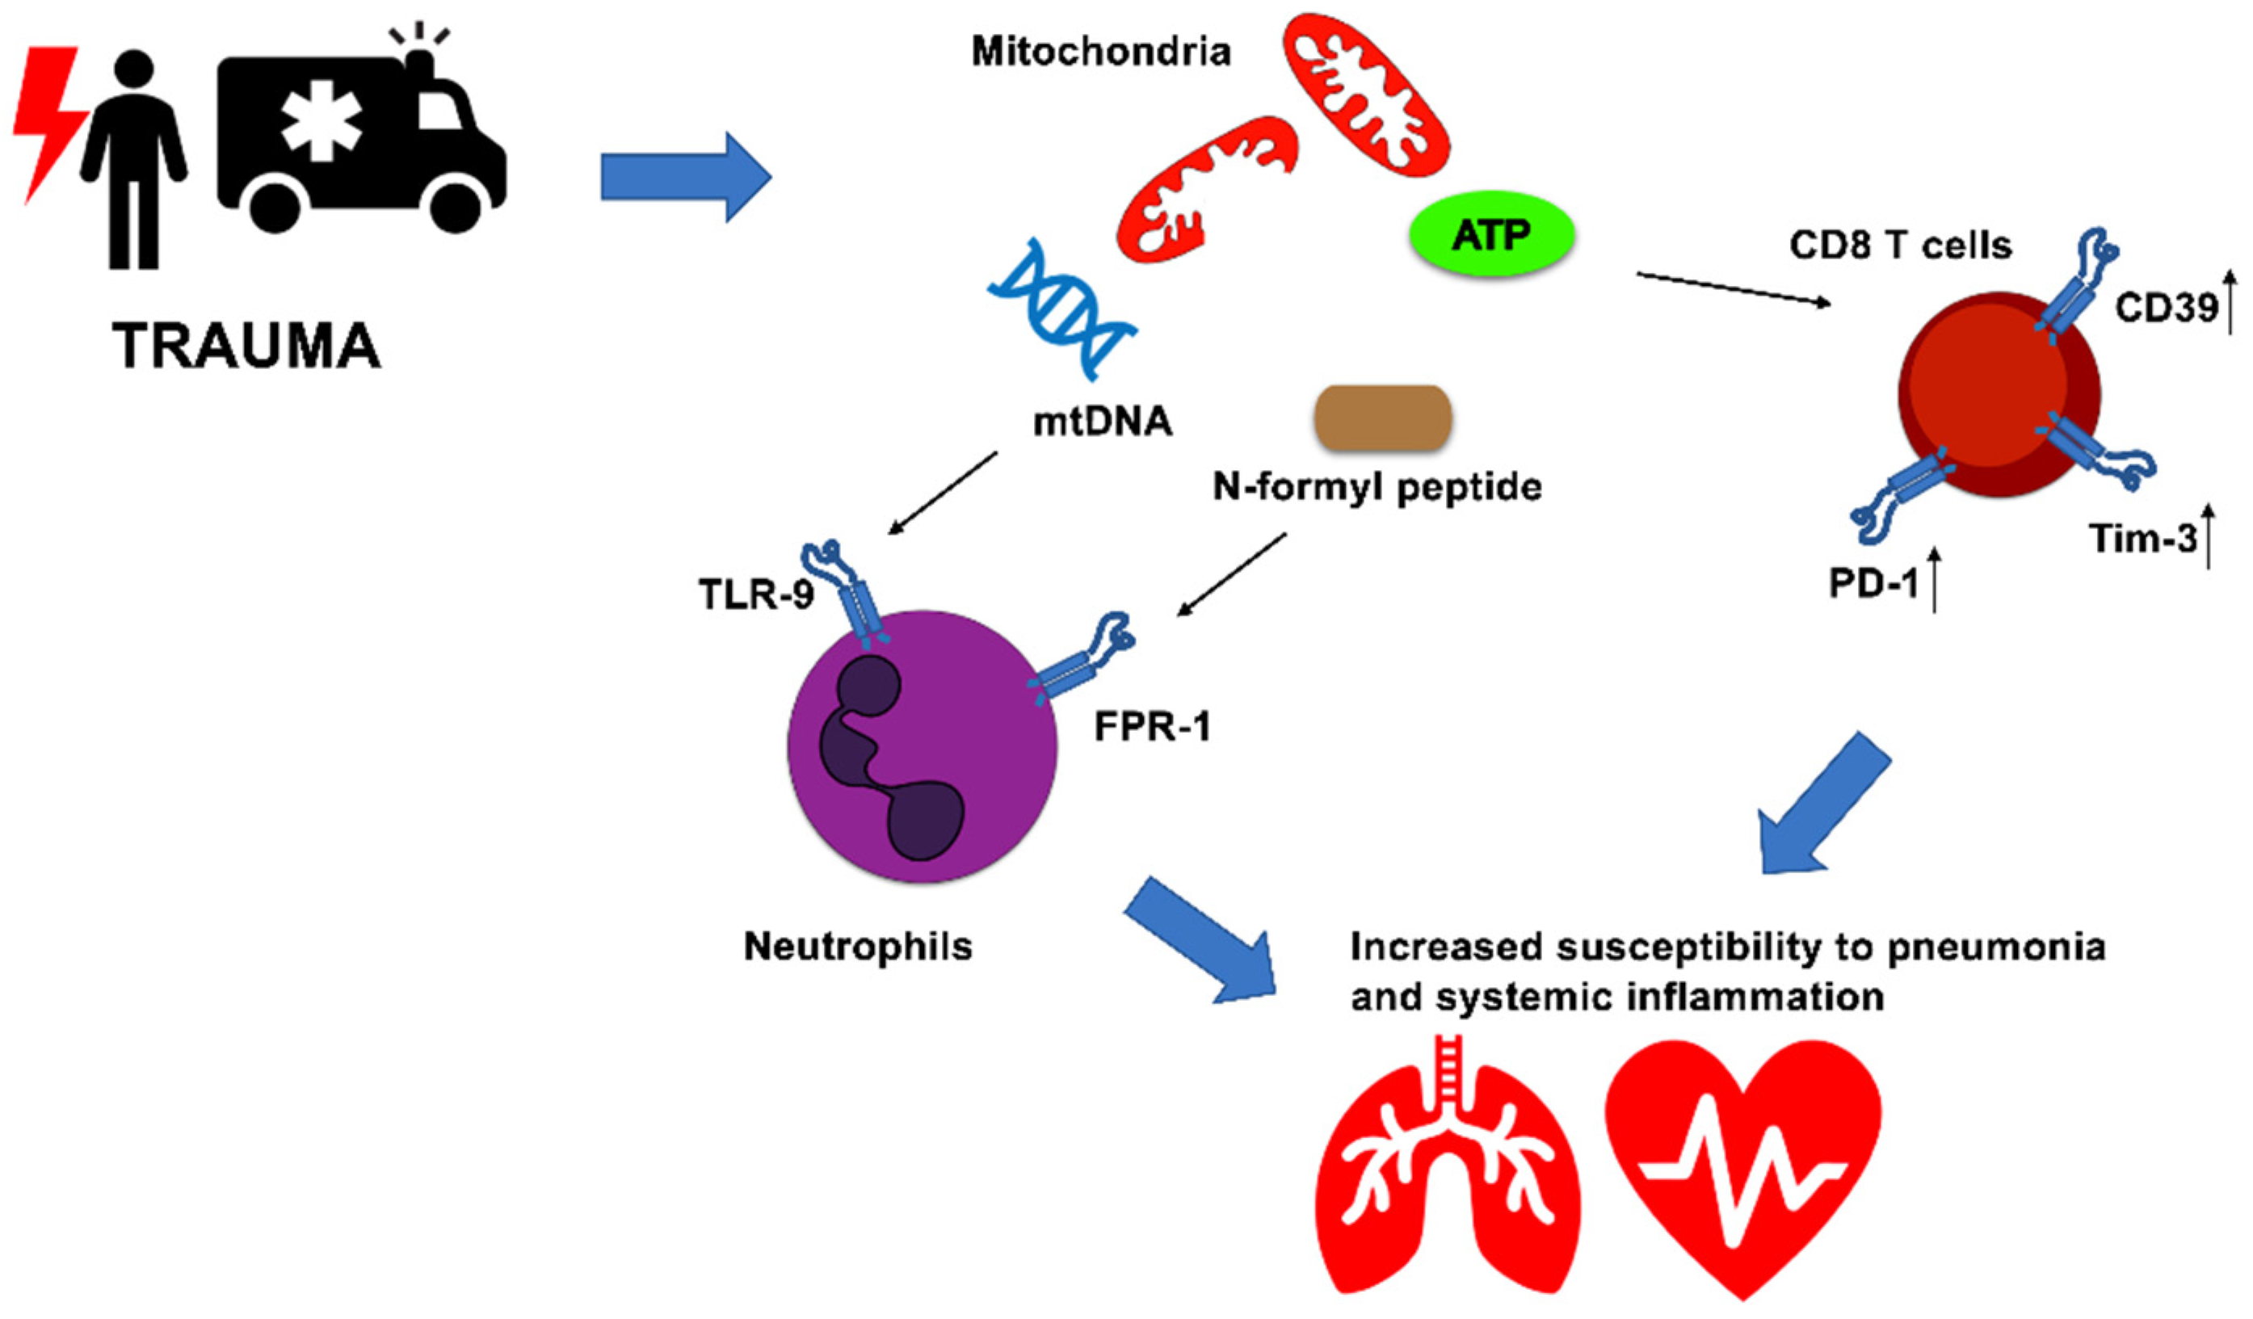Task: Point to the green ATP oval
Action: pos(1491,234)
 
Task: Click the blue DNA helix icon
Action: pos(1062,309)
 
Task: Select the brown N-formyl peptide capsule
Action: pos(1382,418)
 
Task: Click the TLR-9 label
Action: pos(756,594)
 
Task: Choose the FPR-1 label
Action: pos(1153,726)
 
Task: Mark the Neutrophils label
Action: pos(858,946)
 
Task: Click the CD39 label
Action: pos(2167,308)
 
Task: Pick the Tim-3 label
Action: pos(2142,538)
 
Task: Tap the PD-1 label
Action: pos(1874,584)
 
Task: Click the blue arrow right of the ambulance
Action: pos(686,177)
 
